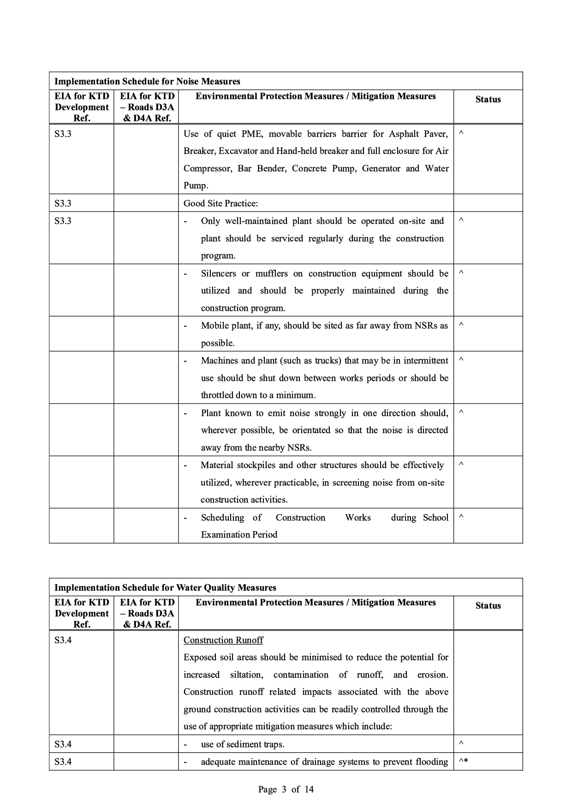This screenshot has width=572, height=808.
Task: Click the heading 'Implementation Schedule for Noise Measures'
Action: pos(147,82)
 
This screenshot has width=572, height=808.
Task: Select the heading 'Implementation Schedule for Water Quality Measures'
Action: pos(165,588)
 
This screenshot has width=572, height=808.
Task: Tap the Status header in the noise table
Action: pos(488,100)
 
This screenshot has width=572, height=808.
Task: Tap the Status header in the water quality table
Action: pos(488,606)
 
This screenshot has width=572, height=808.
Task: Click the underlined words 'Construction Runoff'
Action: pos(223,640)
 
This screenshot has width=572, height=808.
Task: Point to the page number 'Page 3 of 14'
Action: pos(286,790)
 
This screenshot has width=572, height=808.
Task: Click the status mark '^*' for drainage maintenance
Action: pos(463,761)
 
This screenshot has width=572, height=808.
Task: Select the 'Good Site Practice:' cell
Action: pos(220,203)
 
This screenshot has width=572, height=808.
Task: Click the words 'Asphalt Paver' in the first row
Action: pos(418,134)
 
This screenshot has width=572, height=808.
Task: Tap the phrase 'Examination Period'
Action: pos(239,535)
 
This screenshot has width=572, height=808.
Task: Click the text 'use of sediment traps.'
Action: pos(242,744)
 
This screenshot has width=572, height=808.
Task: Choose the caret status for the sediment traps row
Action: pos(461,744)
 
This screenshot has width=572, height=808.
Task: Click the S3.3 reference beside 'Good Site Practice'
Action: pos(63,203)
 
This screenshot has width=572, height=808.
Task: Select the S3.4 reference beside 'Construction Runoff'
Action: pos(63,640)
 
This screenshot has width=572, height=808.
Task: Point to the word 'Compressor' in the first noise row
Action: pos(205,169)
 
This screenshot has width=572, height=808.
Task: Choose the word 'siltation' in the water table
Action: pos(246,675)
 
